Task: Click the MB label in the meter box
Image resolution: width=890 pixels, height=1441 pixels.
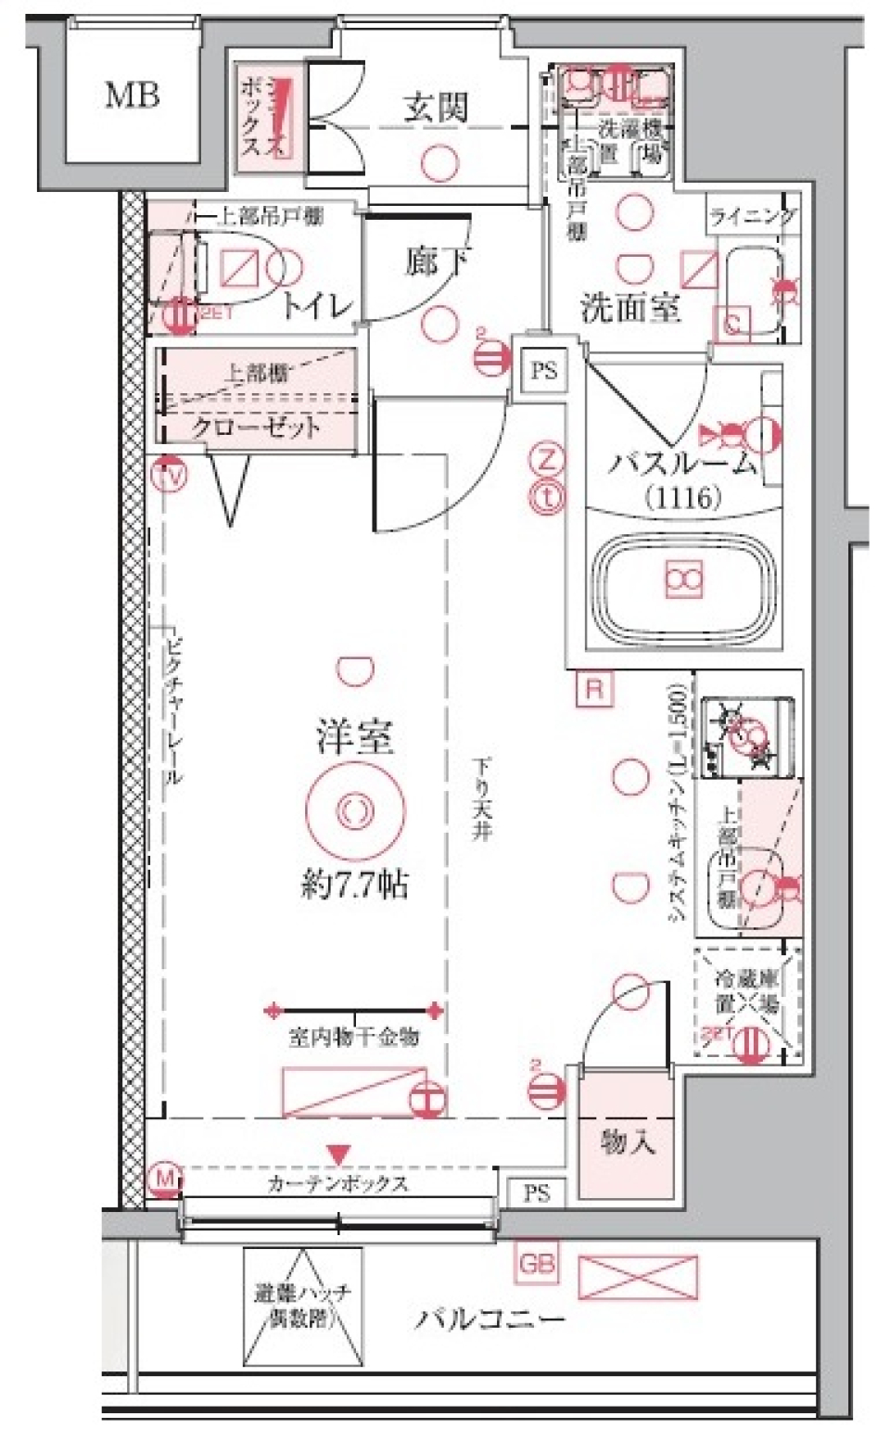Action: (132, 95)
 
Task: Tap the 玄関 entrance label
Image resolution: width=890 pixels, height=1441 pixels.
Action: (435, 108)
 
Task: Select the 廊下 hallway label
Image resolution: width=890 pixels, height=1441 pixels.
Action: (436, 261)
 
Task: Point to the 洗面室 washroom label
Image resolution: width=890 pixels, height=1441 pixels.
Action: (630, 307)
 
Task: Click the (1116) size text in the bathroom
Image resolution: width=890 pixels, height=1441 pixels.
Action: (683, 498)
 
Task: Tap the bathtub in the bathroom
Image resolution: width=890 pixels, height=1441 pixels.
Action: (683, 581)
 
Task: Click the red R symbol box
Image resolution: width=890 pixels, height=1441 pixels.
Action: (594, 689)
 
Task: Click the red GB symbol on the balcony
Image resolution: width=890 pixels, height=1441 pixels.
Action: (537, 1263)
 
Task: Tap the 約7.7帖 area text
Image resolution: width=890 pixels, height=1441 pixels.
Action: (354, 886)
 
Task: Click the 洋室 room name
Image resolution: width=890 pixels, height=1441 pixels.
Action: (354, 737)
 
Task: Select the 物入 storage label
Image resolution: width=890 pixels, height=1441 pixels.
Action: (628, 1141)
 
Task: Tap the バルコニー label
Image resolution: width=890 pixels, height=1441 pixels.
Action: (489, 1318)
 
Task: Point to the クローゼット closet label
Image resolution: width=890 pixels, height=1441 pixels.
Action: (256, 427)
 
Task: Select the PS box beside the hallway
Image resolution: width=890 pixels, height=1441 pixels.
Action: (544, 370)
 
